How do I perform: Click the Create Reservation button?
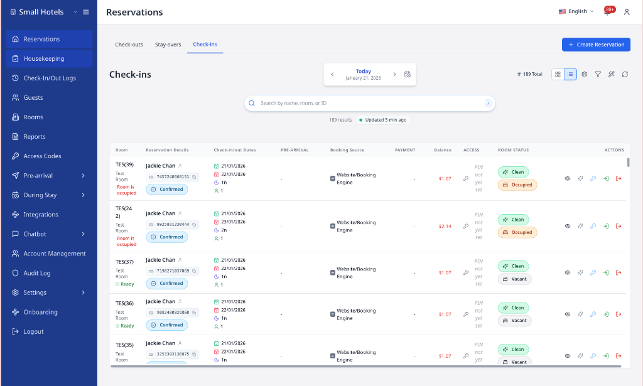click(596, 45)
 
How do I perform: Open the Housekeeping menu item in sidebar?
click(44, 58)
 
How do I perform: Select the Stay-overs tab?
click(168, 45)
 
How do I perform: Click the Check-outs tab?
click(129, 45)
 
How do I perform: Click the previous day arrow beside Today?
click(333, 74)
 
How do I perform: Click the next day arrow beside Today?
click(394, 74)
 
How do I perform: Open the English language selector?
click(576, 11)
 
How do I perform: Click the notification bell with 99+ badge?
click(607, 12)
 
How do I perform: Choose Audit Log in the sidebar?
click(37, 273)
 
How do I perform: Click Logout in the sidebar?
click(33, 331)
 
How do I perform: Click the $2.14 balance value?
click(445, 226)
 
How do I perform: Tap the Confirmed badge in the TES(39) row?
click(166, 190)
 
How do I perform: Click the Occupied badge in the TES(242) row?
click(517, 232)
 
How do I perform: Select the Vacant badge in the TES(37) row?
click(514, 279)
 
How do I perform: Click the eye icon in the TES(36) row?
click(568, 314)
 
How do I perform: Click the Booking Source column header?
click(347, 150)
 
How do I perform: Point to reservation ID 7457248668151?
click(173, 177)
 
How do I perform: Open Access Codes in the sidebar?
click(42, 156)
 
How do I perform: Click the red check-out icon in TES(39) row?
click(619, 178)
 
